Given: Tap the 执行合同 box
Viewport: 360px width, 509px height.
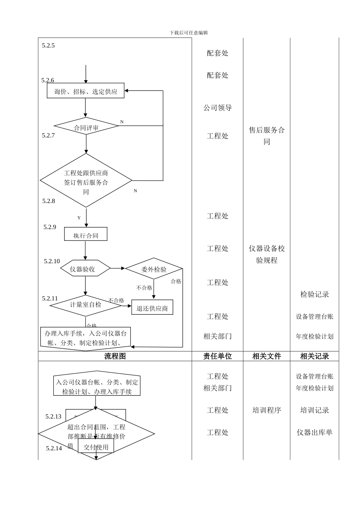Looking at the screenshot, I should pos(86,235).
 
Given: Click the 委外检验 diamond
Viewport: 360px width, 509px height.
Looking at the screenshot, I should pos(153,269).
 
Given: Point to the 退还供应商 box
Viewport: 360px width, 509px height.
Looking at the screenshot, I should pos(152,308).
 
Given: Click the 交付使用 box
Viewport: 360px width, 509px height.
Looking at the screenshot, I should pos(96,447).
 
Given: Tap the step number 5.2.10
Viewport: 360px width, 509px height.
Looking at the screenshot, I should pos(52,261).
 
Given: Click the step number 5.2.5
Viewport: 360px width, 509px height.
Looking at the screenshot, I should pos(49,45).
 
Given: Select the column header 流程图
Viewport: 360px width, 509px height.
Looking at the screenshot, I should pos(115,356).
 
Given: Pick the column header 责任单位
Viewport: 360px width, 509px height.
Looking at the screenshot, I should pos(218,356).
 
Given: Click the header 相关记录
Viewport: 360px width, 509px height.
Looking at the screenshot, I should pos(315,356).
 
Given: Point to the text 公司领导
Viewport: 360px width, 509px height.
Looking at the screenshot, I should pos(218,108).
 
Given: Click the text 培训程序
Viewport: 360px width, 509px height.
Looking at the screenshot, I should pos(267,410).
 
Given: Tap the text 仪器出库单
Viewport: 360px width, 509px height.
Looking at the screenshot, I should pos(315,432).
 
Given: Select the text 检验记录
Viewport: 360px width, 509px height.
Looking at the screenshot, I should pos(315,294).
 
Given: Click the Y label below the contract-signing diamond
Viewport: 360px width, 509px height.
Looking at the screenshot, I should pos(79,218).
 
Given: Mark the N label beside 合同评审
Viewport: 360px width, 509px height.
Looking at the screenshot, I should pos(122,122).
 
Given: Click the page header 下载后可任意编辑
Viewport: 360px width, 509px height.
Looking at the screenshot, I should pos(189,33).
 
